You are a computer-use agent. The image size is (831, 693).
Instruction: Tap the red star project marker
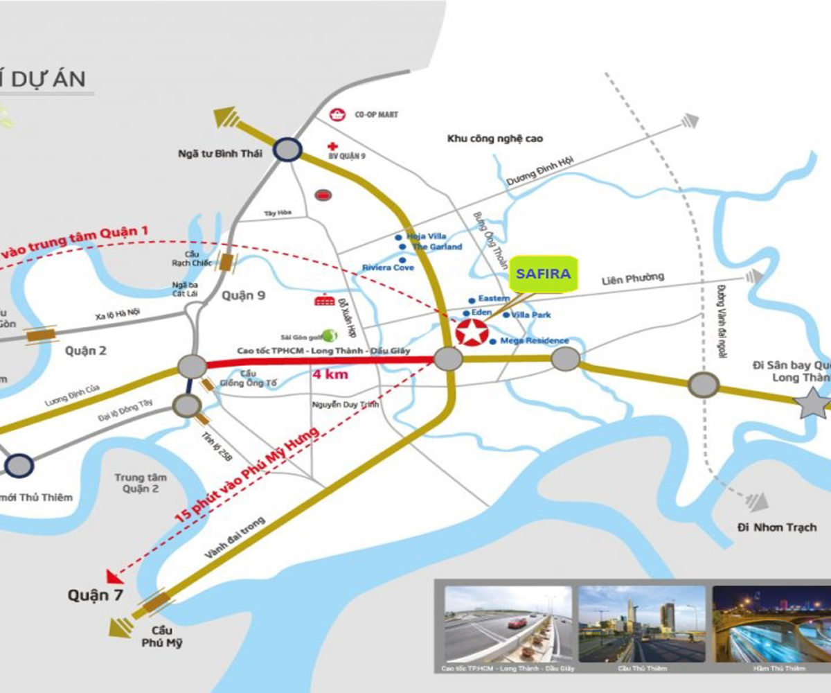pyautogui.click(x=471, y=332)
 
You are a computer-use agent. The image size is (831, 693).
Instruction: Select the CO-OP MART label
pyautogui.click(x=376, y=114)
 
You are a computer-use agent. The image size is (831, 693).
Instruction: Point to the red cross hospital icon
pyautogui.click(x=334, y=147)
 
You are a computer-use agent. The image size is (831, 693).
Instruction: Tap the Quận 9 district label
pyautogui.click(x=243, y=296)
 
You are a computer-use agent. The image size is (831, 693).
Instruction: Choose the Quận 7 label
pyautogui.click(x=88, y=595)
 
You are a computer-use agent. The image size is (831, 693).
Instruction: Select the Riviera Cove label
pyautogui.click(x=388, y=267)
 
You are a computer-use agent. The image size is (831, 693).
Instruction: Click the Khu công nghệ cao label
pyautogui.click(x=494, y=139)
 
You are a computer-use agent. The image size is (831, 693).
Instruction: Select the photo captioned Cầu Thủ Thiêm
pyautogui.click(x=641, y=623)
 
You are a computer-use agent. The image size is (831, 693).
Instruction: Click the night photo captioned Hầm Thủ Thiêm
pyautogui.click(x=770, y=623)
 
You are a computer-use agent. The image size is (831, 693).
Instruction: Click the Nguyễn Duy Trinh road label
pyautogui.click(x=346, y=405)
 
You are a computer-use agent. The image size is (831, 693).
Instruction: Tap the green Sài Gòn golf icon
pyautogui.click(x=330, y=335)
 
